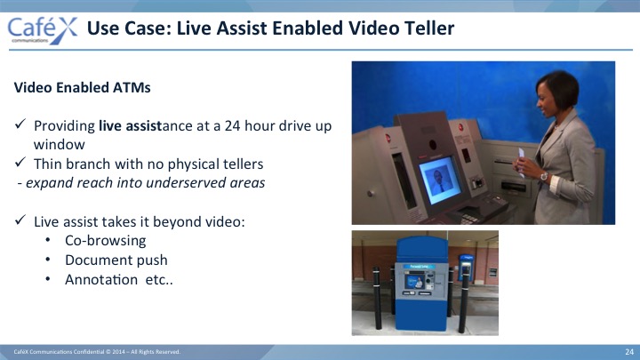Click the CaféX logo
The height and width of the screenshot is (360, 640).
(x=43, y=30)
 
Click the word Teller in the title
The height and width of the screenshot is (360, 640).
(x=429, y=28)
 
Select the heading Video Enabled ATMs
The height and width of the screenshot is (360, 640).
(x=82, y=87)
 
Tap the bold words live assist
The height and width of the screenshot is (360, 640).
(x=131, y=125)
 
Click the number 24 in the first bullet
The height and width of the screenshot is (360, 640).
(x=232, y=125)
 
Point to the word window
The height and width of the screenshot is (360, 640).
(x=60, y=145)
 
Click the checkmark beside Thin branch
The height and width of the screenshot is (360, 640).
(x=20, y=162)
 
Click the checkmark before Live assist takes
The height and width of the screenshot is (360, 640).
(x=20, y=220)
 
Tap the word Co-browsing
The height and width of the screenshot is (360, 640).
(x=105, y=240)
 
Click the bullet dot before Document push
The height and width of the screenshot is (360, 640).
(x=48, y=260)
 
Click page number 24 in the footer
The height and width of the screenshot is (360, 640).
(x=629, y=352)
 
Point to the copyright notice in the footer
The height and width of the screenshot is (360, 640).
(x=97, y=352)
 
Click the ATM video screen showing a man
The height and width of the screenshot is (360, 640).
(x=440, y=180)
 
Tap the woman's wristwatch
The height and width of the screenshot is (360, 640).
(x=544, y=176)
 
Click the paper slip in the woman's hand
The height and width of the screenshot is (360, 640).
(x=521, y=162)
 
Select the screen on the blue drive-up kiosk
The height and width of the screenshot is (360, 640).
(x=414, y=281)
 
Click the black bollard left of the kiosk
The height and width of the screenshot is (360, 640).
(x=377, y=298)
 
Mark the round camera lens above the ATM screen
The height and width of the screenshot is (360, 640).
(x=433, y=145)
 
